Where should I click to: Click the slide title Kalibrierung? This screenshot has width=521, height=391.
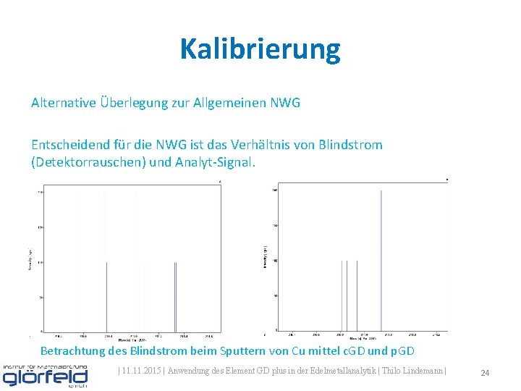(x=260, y=49)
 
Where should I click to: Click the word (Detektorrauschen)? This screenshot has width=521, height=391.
(x=88, y=162)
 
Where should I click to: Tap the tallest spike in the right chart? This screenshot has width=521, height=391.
(x=381, y=261)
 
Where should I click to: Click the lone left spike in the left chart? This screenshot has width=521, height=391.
(x=106, y=297)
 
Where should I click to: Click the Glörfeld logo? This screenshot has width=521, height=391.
(x=45, y=376)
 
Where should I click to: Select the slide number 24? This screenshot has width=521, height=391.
(x=485, y=373)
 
